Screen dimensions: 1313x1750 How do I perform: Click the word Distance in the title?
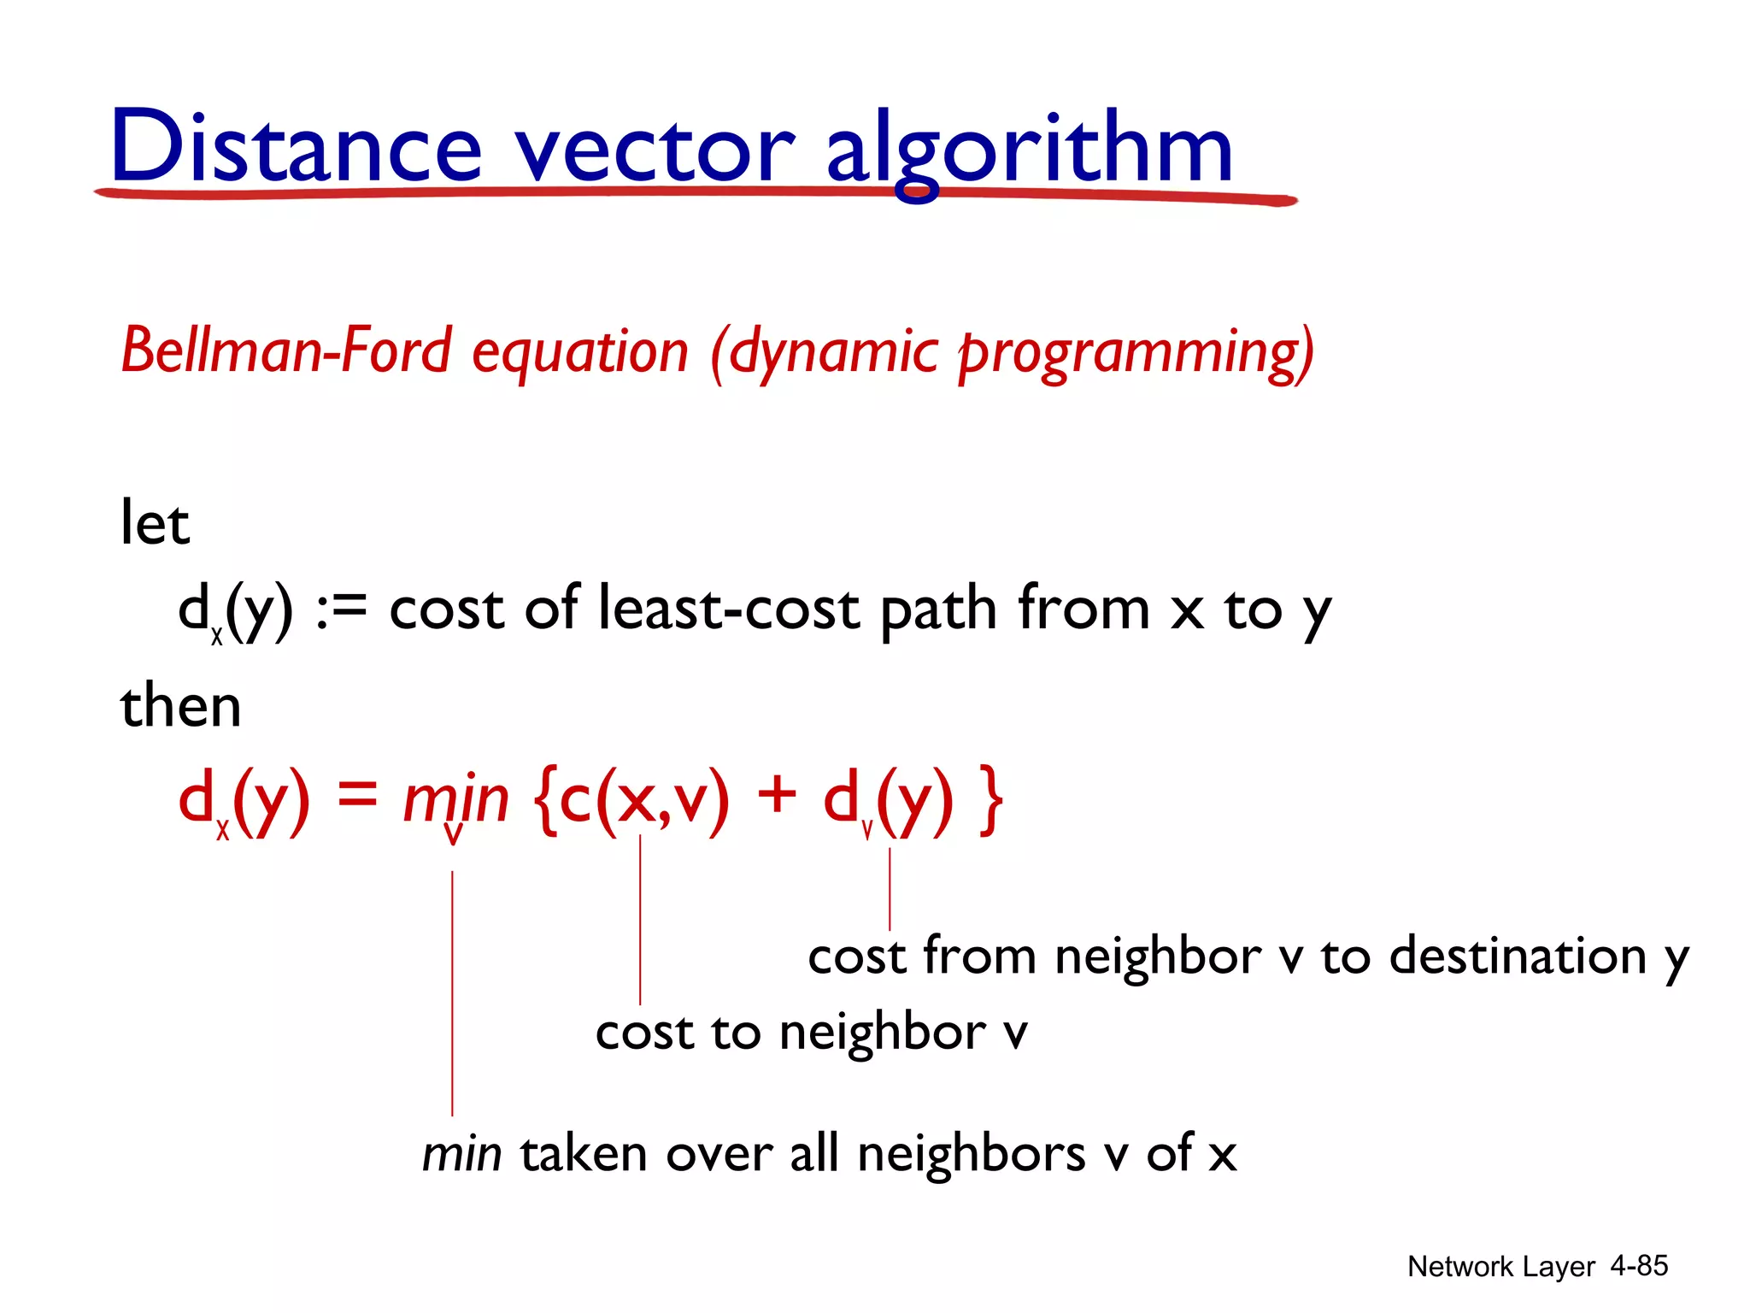pos(296,147)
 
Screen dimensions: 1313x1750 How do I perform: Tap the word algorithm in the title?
pos(1029,150)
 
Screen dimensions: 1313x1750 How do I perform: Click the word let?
pos(154,522)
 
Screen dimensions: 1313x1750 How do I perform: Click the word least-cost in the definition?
pos(729,609)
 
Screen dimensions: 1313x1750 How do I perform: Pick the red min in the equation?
pos(455,799)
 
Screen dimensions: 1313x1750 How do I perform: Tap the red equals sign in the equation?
pos(356,795)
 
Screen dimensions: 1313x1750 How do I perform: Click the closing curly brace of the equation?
pos(991,800)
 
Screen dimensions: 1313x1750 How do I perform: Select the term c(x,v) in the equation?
pos(644,799)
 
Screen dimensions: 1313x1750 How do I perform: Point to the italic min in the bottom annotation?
pos(461,1153)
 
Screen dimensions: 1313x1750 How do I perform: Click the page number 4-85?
pos(1639,1265)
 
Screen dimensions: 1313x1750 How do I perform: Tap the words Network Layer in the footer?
pos(1500,1266)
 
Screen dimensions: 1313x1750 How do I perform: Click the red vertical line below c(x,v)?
pos(640,919)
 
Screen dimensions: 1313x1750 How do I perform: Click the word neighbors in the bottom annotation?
pos(972,1153)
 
